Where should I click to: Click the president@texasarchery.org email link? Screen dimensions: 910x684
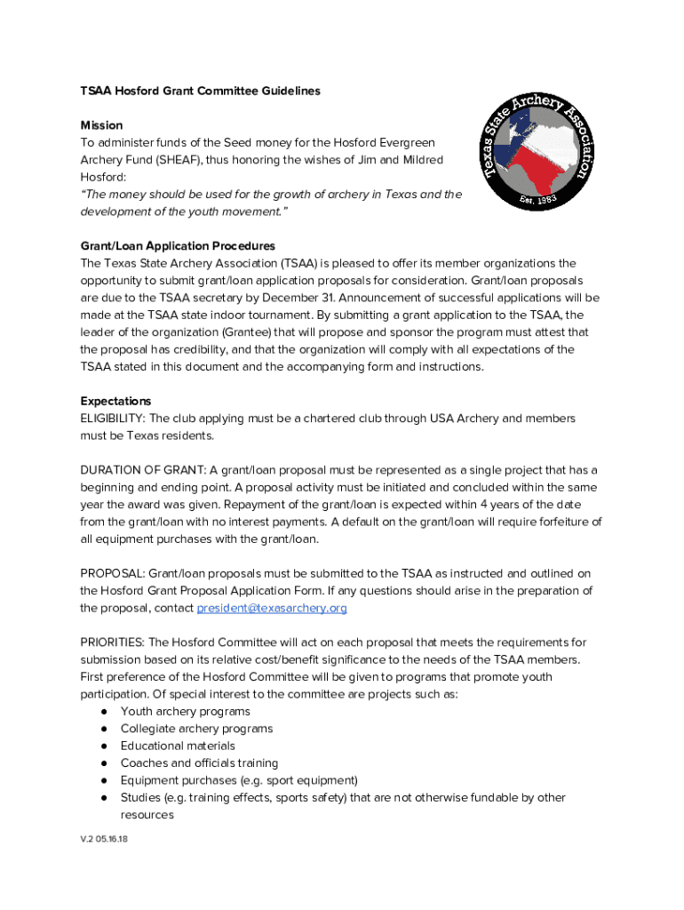click(x=272, y=608)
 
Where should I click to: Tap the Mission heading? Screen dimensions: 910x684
click(x=101, y=125)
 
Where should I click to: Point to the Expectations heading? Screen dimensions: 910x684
click(x=115, y=401)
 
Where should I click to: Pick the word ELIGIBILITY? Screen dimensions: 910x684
click(x=113, y=419)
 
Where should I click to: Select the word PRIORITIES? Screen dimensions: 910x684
click(x=113, y=643)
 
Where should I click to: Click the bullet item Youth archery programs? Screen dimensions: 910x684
click(x=185, y=711)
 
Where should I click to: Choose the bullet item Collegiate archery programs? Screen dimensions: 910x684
click(x=196, y=729)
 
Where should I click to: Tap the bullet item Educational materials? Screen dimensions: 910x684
click(x=178, y=746)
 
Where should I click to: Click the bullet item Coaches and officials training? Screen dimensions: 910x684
click(x=199, y=763)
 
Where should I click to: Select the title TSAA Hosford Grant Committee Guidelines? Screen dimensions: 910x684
click(x=200, y=91)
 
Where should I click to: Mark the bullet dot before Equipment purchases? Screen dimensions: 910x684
click(x=104, y=780)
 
